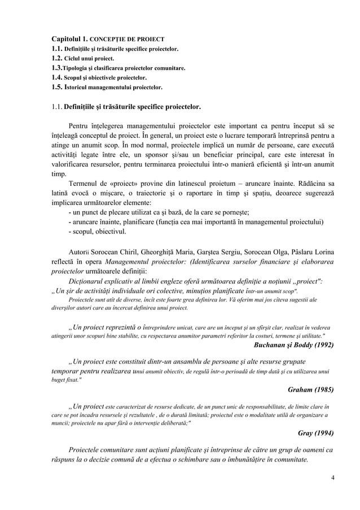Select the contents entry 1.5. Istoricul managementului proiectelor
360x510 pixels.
pyautogui.click(x=107, y=88)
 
